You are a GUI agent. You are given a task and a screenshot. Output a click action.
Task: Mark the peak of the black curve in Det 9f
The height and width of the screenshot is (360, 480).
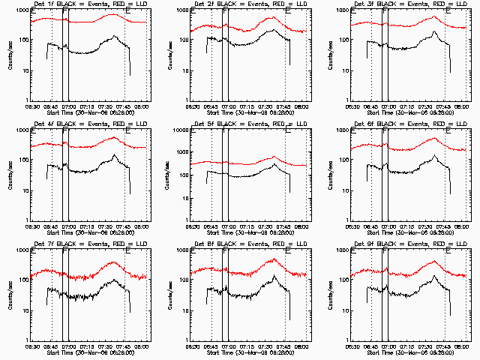pos(436,276)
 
